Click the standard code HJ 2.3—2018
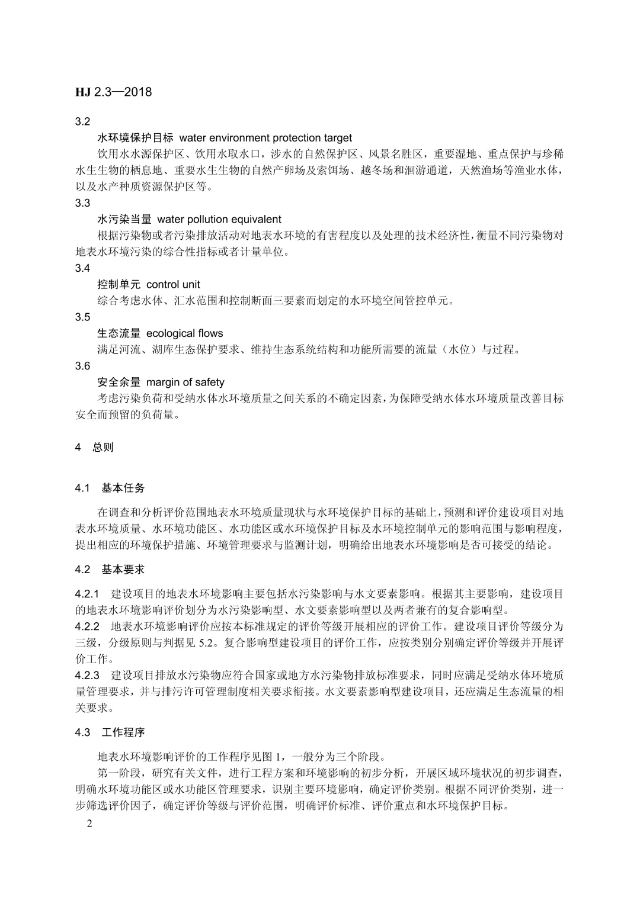114,92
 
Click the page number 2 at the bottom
89,824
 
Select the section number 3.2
82,121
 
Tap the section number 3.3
82,203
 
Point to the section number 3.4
82,268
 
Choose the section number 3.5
82,317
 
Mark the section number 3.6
82,366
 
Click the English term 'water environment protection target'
265,138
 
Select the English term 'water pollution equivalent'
219,220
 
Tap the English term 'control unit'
173,285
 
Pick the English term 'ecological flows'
184,333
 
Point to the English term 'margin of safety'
185,382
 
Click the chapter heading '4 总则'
94,448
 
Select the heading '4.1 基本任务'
110,488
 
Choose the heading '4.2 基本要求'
110,570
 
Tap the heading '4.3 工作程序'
110,732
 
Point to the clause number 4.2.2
87,626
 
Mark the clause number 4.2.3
87,676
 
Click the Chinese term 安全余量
119,382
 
